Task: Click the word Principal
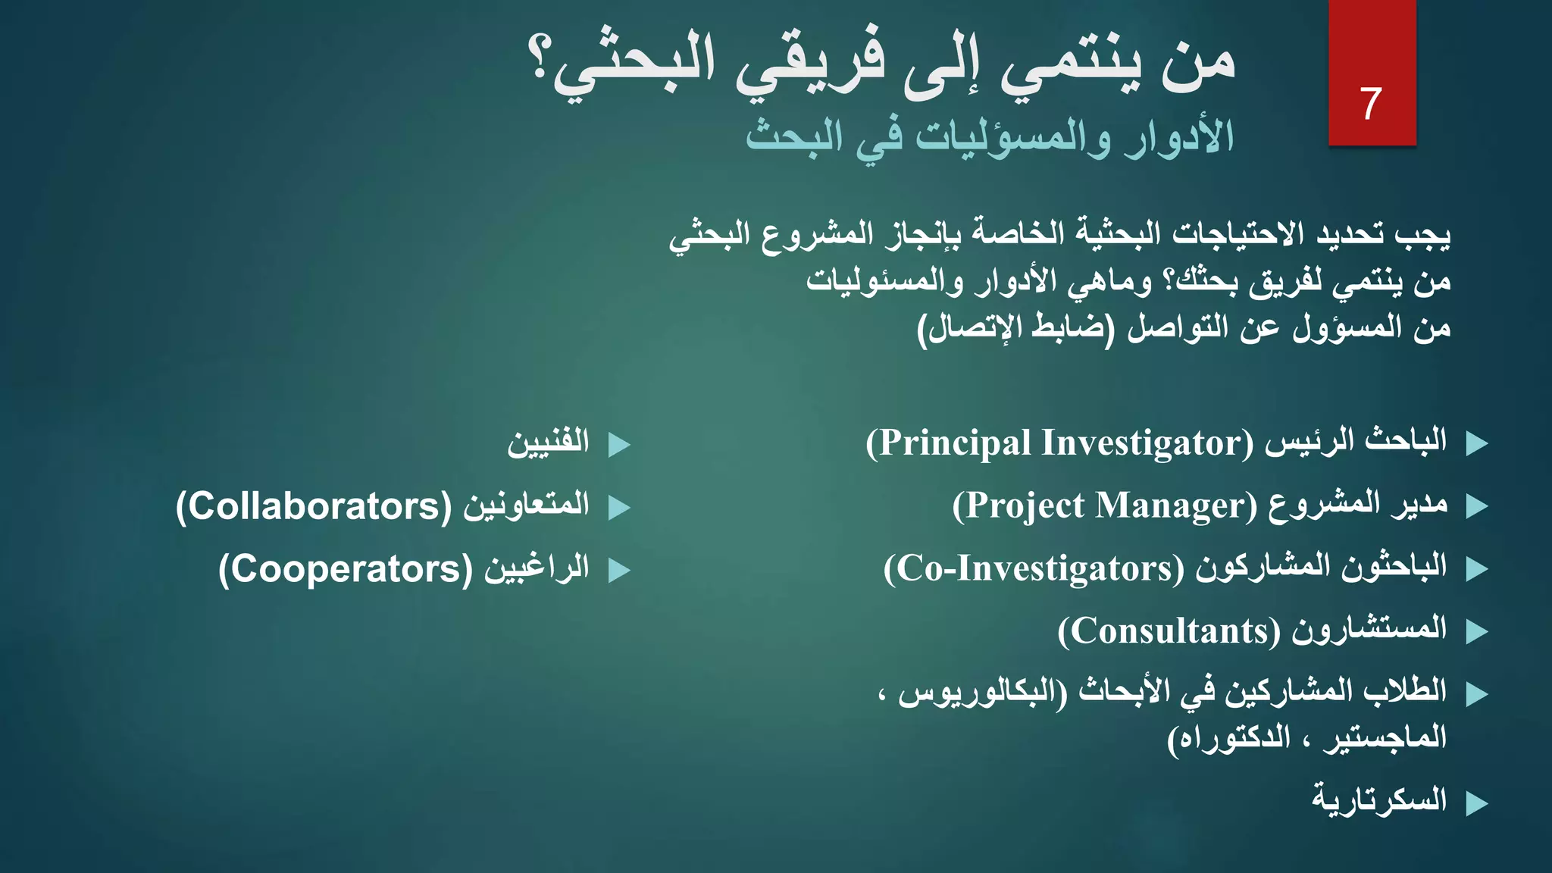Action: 954,443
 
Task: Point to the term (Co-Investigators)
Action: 1033,568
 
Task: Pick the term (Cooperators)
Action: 346,569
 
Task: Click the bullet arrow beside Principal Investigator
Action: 1477,444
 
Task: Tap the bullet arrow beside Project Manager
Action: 1477,506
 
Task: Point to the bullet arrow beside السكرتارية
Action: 1477,803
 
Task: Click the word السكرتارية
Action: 1379,800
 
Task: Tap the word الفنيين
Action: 548,443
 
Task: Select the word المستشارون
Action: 1369,629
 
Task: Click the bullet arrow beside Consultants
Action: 1477,631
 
